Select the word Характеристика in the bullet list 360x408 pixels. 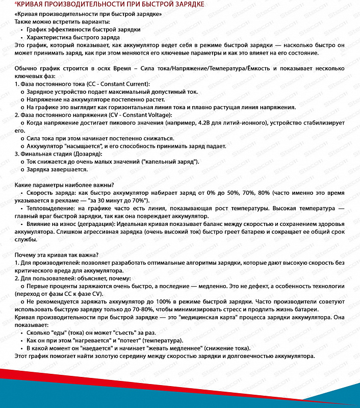click(49, 37)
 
